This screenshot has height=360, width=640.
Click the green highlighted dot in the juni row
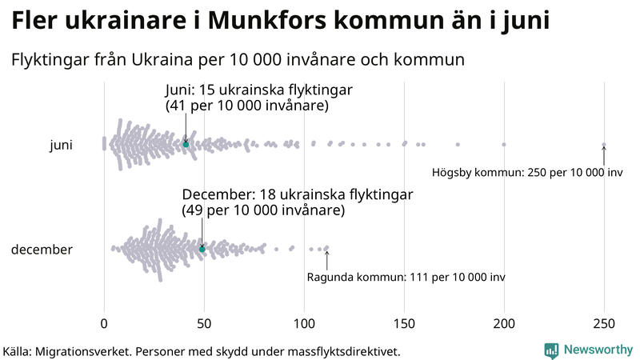(x=186, y=144)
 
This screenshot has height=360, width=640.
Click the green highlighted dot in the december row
(x=202, y=249)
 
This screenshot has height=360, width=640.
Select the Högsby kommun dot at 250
(x=604, y=145)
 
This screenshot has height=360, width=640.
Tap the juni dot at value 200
(x=504, y=145)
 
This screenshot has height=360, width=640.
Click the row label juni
(x=62, y=145)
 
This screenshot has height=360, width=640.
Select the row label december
(x=42, y=250)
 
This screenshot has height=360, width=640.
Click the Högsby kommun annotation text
(x=527, y=172)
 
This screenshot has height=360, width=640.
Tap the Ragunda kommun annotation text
(x=406, y=277)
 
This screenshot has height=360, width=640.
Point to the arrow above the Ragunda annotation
(x=326, y=259)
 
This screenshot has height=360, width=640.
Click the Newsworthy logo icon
(x=551, y=350)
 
